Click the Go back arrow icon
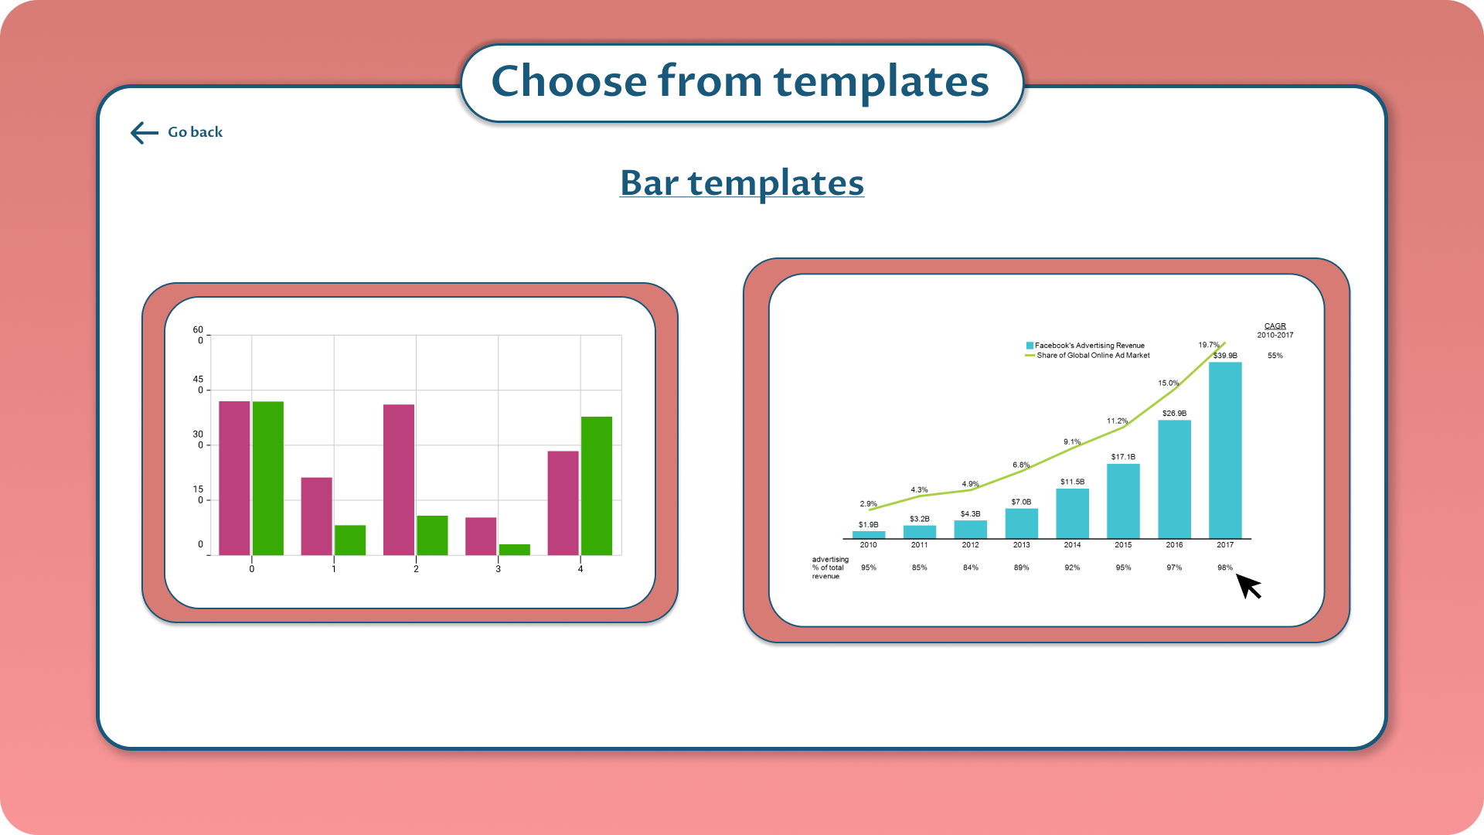(145, 133)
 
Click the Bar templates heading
(742, 182)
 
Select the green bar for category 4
(597, 486)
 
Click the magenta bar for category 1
(316, 516)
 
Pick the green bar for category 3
(515, 550)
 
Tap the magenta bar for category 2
(399, 479)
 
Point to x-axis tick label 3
(499, 569)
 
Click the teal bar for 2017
(1225, 450)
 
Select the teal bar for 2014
(1072, 513)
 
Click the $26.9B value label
(1174, 414)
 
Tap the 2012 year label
(970, 545)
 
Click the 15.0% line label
(1168, 383)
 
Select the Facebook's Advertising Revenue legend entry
(1085, 346)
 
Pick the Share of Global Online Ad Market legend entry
(1087, 356)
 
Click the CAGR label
(1275, 326)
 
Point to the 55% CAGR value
(1275, 356)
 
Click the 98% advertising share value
(1225, 567)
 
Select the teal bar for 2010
(869, 535)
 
